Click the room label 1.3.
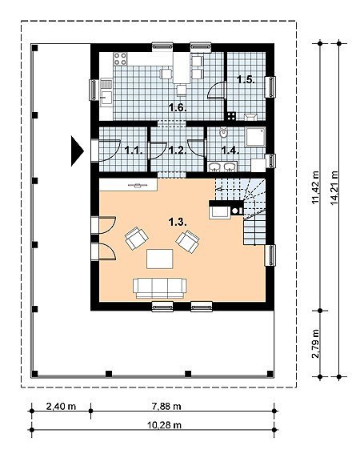point(178,222)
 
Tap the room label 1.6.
point(178,108)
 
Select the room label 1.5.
point(246,79)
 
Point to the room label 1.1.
point(134,150)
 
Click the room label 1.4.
point(230,150)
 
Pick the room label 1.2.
point(178,150)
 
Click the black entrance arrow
point(77,151)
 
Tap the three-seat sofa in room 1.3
point(160,288)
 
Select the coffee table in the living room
point(160,259)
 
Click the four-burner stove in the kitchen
point(120,58)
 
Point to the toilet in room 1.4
point(223,133)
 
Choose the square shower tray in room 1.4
point(255,137)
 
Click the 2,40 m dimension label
point(61,406)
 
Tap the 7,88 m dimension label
point(166,406)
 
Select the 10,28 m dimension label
point(164,425)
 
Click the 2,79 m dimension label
point(315,344)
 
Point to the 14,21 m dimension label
point(334,188)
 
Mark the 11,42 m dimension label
point(315,188)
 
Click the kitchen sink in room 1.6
point(106,98)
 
